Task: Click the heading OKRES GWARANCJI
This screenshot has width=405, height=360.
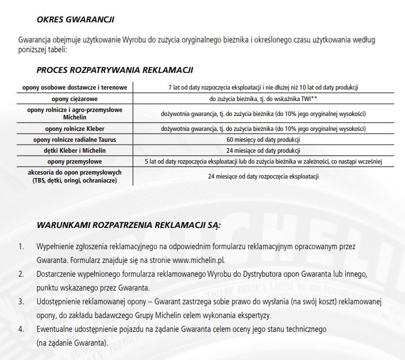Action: point(75,20)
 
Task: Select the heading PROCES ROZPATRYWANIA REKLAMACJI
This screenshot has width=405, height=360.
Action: point(114,70)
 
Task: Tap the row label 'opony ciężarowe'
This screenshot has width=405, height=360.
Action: point(76,99)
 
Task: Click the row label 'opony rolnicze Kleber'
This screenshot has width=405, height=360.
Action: point(75,128)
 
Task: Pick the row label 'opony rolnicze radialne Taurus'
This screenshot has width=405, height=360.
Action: point(75,140)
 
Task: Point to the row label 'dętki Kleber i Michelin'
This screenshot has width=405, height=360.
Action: point(75,150)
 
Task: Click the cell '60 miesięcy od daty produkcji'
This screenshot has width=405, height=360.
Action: point(263,140)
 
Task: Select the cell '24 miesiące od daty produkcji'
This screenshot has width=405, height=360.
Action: point(263,150)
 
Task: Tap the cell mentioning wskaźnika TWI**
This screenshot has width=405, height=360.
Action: point(263,99)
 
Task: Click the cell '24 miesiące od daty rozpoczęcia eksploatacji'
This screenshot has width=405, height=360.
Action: point(263,176)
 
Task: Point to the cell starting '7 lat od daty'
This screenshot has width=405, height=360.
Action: point(263,87)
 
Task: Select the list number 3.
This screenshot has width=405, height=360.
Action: point(21,301)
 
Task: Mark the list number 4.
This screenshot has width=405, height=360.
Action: point(21,329)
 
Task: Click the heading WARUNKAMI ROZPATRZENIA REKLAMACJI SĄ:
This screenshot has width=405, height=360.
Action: point(129,223)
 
